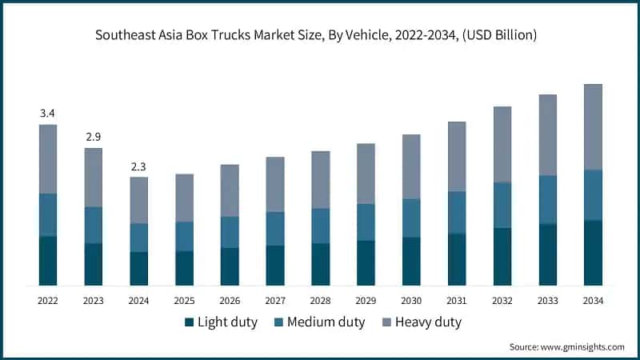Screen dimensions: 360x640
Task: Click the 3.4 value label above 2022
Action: (x=48, y=114)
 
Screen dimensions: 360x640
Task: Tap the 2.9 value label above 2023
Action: (x=94, y=137)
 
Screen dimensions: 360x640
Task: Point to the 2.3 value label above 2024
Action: (x=139, y=166)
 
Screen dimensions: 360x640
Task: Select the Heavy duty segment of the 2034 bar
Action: (x=593, y=126)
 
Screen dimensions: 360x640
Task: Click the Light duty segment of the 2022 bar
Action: (x=48, y=261)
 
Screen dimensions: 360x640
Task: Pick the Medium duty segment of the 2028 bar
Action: (x=321, y=226)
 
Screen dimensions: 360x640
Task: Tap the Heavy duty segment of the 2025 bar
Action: (x=185, y=198)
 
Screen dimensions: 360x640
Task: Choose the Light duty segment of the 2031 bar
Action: (x=457, y=259)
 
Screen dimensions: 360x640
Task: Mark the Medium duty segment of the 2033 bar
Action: (x=547, y=199)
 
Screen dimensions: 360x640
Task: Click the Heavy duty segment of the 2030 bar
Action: (x=411, y=166)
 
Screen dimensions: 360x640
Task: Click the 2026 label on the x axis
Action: (x=230, y=301)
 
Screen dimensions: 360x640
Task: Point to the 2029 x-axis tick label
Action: (x=366, y=301)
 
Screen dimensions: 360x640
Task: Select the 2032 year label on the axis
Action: (x=502, y=301)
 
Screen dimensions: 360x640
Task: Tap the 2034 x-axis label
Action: (x=593, y=301)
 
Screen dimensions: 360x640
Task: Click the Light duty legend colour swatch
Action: (x=190, y=322)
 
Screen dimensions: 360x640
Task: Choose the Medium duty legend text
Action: (x=326, y=322)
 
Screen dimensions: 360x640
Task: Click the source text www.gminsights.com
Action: (x=582, y=346)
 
